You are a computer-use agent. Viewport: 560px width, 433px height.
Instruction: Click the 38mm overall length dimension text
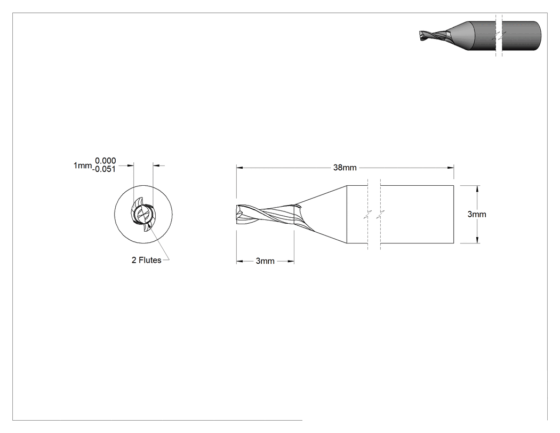pyautogui.click(x=345, y=167)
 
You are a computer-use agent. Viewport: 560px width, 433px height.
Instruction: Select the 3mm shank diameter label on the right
pyautogui.click(x=477, y=214)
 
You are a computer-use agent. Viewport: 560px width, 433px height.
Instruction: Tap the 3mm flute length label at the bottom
pyautogui.click(x=265, y=261)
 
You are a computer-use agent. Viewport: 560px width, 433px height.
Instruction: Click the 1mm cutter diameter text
pyautogui.click(x=83, y=165)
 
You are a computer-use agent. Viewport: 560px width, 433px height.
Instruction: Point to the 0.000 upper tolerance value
pyautogui.click(x=106, y=161)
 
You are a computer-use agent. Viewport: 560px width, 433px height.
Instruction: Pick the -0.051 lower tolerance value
pyautogui.click(x=104, y=169)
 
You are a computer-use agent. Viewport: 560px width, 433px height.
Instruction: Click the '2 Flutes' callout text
pyautogui.click(x=147, y=260)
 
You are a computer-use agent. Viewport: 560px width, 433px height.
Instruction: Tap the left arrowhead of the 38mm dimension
pyautogui.click(x=239, y=167)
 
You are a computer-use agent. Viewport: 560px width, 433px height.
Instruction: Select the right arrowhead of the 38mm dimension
pyautogui.click(x=450, y=167)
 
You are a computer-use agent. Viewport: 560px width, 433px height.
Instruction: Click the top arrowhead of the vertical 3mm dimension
pyautogui.click(x=478, y=189)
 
